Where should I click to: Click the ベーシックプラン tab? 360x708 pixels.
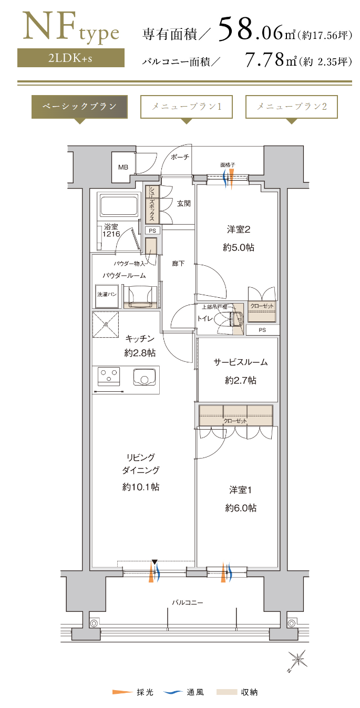(x=79, y=107)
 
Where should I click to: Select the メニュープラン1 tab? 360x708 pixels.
(x=187, y=107)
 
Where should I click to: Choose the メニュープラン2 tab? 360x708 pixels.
(x=291, y=107)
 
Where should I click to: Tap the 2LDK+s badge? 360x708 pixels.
(x=71, y=58)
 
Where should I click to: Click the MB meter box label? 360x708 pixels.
(x=123, y=167)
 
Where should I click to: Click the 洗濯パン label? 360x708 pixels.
(x=107, y=294)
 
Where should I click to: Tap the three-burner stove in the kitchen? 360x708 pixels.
(x=108, y=377)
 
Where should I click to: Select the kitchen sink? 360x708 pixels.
(x=144, y=377)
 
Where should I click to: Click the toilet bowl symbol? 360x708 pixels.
(x=224, y=318)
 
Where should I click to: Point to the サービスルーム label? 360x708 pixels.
(x=240, y=362)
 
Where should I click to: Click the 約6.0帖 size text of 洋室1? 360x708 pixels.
(x=241, y=508)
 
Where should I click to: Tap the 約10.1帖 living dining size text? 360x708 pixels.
(x=141, y=487)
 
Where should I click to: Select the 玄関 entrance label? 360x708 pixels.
(x=184, y=204)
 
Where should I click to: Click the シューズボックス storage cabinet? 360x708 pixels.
(x=152, y=204)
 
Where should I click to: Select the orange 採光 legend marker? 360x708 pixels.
(x=122, y=692)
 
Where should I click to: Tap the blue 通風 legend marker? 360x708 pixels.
(x=173, y=692)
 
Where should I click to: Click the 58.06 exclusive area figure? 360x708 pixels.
(x=251, y=30)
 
